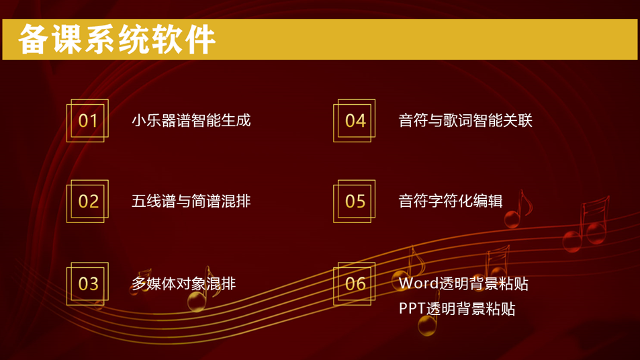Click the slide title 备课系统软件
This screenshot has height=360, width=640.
[x=117, y=39]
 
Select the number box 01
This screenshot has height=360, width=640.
[x=88, y=120]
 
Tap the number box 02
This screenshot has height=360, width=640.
[x=88, y=201]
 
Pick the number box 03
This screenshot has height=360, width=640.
[x=88, y=283]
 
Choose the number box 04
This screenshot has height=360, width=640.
[x=355, y=120]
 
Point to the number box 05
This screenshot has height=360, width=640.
[x=355, y=201]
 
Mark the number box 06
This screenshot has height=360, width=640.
[x=355, y=283]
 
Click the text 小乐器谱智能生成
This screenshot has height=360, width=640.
[x=191, y=120]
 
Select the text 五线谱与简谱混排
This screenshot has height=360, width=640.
[x=191, y=201]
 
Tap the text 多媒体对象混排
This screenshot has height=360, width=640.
[x=184, y=283]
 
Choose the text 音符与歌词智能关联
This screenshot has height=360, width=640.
[x=465, y=120]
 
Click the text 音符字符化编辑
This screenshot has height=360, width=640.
[x=451, y=201]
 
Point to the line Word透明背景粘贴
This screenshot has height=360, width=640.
[x=463, y=283]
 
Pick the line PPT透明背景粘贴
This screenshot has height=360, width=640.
[x=457, y=308]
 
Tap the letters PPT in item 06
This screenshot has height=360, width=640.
[x=412, y=308]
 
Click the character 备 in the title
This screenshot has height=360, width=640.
[x=33, y=39]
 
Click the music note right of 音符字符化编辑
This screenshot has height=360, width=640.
[x=518, y=209]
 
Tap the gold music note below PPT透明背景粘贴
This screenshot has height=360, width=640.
[x=428, y=324]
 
